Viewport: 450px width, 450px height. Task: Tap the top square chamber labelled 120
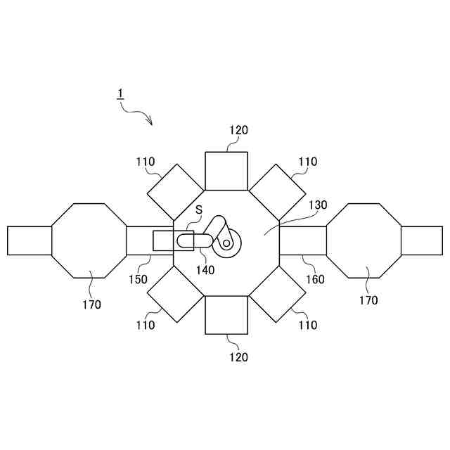pyautogui.click(x=226, y=171)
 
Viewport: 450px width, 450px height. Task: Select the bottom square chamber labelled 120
pyautogui.click(x=226, y=314)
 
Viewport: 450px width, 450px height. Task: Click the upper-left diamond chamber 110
pyautogui.click(x=175, y=191)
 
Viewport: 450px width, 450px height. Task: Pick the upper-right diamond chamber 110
pyautogui.click(x=278, y=191)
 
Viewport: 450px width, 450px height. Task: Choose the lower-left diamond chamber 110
pyautogui.click(x=175, y=295)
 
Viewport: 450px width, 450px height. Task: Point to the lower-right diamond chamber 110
pyautogui.click(x=278, y=295)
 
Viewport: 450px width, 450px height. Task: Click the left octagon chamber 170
pyautogui.click(x=89, y=240)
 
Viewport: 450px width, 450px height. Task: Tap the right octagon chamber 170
pyautogui.click(x=364, y=240)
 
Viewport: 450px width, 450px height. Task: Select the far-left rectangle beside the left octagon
pyautogui.click(x=30, y=240)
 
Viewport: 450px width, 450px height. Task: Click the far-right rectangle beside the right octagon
pyautogui.click(x=422, y=240)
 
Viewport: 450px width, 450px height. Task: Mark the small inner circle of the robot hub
pyautogui.click(x=226, y=243)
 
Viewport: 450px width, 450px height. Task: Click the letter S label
pyautogui.click(x=199, y=210)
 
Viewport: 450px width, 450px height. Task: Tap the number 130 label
pyautogui.click(x=318, y=205)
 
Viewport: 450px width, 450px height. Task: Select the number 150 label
pyautogui.click(x=138, y=279)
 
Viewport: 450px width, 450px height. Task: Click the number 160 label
pyautogui.click(x=315, y=279)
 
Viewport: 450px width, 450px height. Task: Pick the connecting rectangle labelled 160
pyautogui.click(x=303, y=240)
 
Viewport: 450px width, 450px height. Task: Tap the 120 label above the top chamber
pyautogui.click(x=238, y=130)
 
